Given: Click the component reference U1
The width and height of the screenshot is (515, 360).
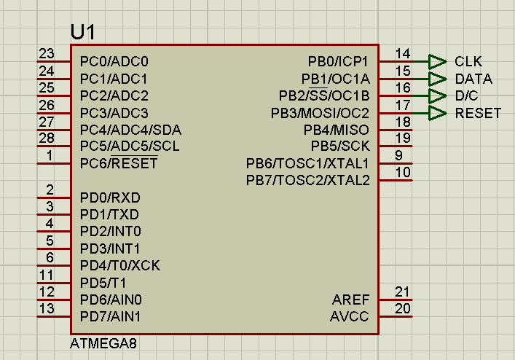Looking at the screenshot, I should pos(82,32).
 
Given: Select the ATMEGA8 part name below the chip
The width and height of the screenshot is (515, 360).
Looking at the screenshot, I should pos(103,343).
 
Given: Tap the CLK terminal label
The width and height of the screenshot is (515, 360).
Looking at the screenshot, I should pos(468,61).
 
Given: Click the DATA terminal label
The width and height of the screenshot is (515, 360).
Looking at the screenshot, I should pos(473,79).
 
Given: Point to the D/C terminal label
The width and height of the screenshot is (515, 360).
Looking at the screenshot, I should pos(468,95).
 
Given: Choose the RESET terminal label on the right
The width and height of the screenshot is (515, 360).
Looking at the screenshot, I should pos(478,113).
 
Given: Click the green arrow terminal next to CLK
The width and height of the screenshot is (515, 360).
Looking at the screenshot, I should pos(436,61).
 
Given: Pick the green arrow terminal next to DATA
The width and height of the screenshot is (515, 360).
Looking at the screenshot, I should pos(436,79).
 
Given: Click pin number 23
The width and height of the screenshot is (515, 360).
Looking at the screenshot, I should pos(47,54).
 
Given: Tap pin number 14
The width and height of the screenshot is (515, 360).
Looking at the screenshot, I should pos(402,54).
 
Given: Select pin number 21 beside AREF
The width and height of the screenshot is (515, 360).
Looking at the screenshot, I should pos(402,291).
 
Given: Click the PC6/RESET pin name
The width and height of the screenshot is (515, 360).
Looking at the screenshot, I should pos(119,164).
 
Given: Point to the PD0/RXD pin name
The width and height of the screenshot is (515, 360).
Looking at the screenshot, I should pos(110,197).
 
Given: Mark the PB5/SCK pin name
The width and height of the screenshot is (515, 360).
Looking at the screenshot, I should pos(340,146).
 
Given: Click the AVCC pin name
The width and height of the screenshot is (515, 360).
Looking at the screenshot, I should pos(350,317).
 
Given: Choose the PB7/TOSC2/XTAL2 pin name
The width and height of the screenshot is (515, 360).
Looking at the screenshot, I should pos(307,180).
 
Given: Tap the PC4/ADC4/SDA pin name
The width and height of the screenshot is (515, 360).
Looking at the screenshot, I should pos(130,130).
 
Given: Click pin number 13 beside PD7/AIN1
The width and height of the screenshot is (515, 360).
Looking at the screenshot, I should pos(47,309).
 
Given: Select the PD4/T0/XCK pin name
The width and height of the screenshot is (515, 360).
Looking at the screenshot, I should pos(119,265).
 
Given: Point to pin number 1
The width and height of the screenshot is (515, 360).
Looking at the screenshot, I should pos(48,155).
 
